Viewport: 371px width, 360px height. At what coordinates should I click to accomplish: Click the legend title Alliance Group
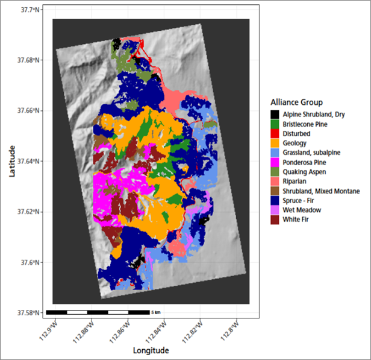(x=296, y=102)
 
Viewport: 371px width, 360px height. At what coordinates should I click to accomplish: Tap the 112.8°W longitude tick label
(x=231, y=329)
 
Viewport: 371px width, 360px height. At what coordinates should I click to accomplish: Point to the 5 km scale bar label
(x=156, y=312)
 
